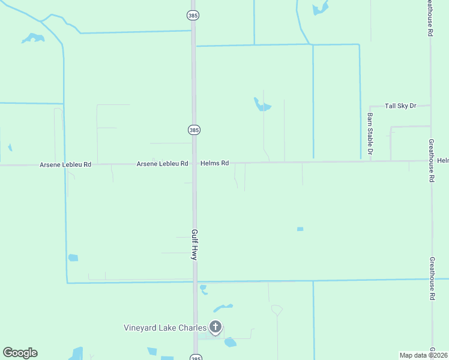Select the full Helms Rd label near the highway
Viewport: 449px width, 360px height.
(x=215, y=163)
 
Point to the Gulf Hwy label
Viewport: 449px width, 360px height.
(x=194, y=244)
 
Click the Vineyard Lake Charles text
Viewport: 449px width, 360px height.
(x=165, y=328)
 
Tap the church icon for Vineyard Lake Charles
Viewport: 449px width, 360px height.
(x=215, y=328)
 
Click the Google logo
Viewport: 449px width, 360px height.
(x=20, y=353)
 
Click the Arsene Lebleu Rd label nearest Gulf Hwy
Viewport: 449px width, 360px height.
(x=162, y=163)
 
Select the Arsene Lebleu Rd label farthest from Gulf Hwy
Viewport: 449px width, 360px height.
(x=65, y=164)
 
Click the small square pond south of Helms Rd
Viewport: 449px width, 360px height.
(x=300, y=229)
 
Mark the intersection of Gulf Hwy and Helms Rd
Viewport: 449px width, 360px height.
(x=194, y=163)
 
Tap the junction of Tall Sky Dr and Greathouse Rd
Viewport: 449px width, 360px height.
(x=430, y=106)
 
